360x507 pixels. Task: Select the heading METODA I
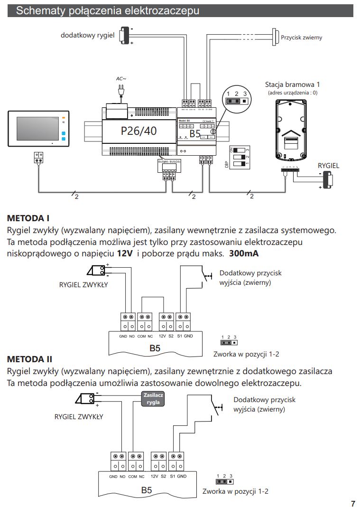pyautogui.click(x=28, y=218)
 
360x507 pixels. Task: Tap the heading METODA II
pyautogui.click(x=30, y=358)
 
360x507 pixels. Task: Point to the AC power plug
pyautogui.click(x=120, y=91)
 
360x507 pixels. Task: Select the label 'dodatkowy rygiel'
pyautogui.click(x=88, y=35)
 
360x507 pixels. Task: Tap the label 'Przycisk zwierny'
pyautogui.click(x=302, y=37)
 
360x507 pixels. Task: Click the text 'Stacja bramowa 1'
pyautogui.click(x=292, y=84)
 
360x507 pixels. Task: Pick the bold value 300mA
pyautogui.click(x=244, y=253)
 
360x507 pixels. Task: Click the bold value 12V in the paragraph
pyautogui.click(x=125, y=253)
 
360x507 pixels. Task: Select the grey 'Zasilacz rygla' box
pyautogui.click(x=153, y=398)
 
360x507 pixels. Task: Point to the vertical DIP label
pyautogui.click(x=226, y=164)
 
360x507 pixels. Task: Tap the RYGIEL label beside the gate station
pyautogui.click(x=329, y=166)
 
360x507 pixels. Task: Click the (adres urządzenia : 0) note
pyautogui.click(x=292, y=93)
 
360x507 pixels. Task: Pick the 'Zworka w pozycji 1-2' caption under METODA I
pyautogui.click(x=246, y=354)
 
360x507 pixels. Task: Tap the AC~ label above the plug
pyautogui.click(x=121, y=78)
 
